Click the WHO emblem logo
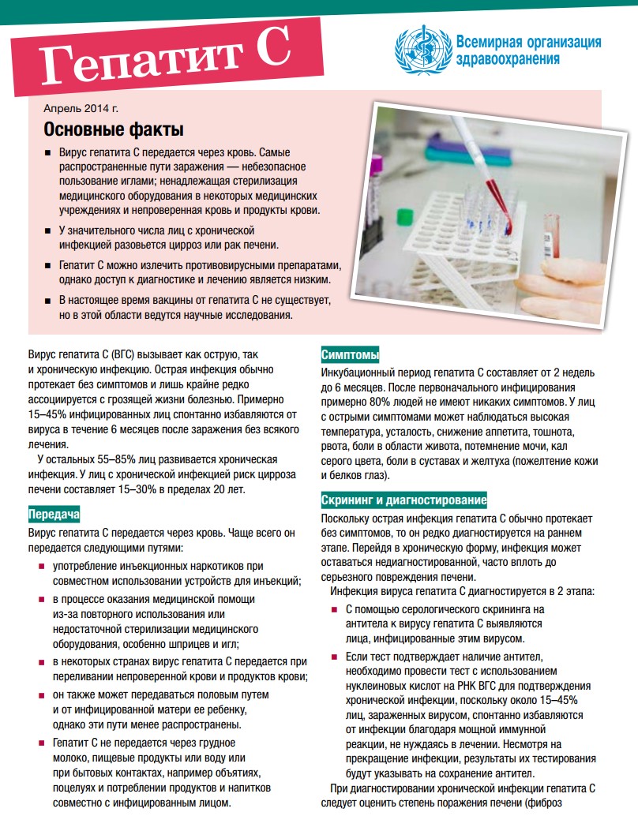click(422, 50)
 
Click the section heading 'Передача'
click(54, 515)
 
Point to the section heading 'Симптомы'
click(350, 354)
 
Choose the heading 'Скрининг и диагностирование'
click(403, 500)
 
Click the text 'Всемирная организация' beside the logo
click(528, 42)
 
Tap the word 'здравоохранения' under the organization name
click(508, 58)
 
